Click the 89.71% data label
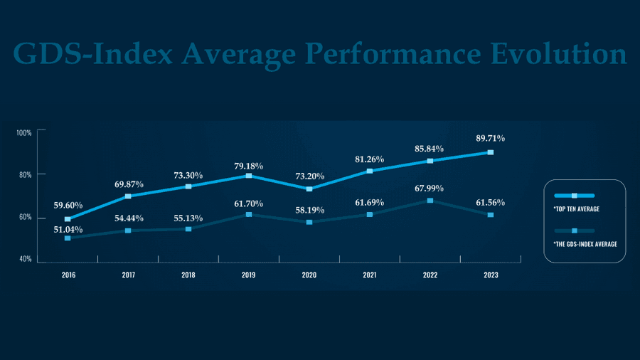click(x=490, y=138)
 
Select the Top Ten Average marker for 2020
click(x=309, y=189)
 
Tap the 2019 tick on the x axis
click(x=248, y=275)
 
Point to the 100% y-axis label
click(x=24, y=133)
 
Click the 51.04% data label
click(x=68, y=230)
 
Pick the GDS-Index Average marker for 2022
click(x=430, y=201)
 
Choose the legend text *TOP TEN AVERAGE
click(x=576, y=210)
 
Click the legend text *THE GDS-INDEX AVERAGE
click(x=585, y=243)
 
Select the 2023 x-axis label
click(x=490, y=275)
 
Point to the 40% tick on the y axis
click(x=24, y=259)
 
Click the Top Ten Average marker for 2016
click(x=68, y=219)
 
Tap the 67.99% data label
click(x=430, y=188)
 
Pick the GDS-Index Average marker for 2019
click(x=248, y=214)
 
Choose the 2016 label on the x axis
click(x=68, y=275)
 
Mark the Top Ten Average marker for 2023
click(x=490, y=152)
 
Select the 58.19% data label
click(x=309, y=211)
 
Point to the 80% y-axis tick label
click(x=24, y=174)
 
